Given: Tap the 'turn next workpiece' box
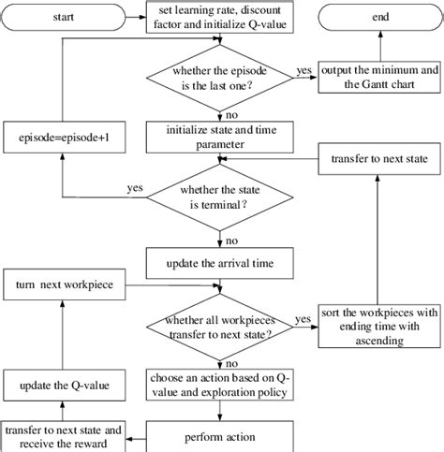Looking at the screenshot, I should pos(64,283).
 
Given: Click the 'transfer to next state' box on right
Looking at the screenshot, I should pos(378,160).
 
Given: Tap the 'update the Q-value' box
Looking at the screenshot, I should pos(64,385).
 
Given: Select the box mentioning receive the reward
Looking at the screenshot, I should pos(64,435).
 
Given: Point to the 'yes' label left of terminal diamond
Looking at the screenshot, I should pos(136,188).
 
